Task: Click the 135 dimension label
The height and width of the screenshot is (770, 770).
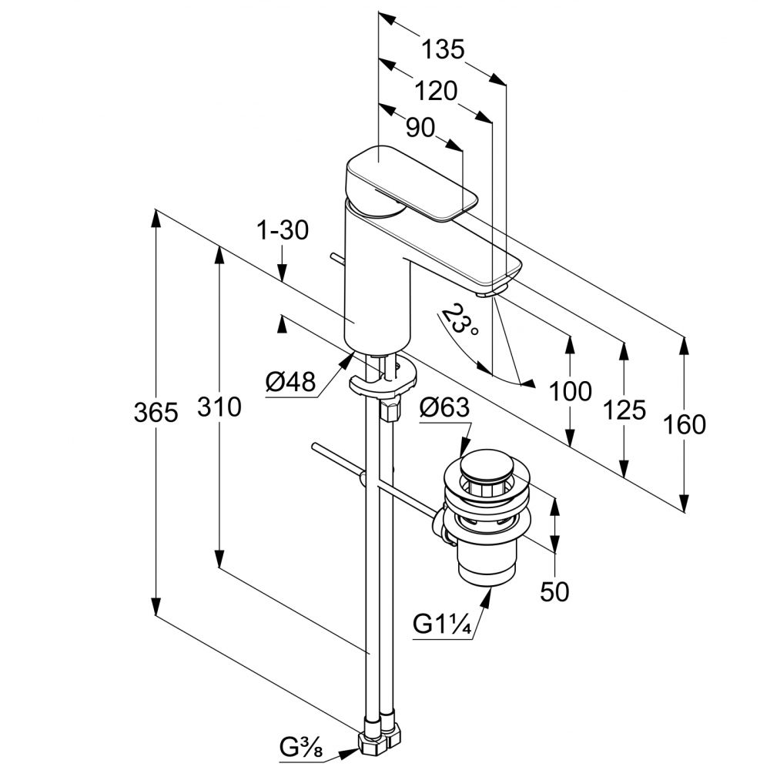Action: coord(443,50)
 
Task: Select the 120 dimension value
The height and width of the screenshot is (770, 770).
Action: coord(436,91)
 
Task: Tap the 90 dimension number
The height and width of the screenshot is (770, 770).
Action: coord(420,127)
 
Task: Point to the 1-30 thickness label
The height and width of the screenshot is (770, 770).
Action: coord(283,229)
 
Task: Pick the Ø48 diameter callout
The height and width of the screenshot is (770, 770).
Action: coord(291,383)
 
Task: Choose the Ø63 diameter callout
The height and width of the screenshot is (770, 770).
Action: coord(444,409)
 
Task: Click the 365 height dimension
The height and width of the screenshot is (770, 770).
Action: coord(156,413)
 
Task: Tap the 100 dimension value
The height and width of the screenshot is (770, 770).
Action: coord(571,391)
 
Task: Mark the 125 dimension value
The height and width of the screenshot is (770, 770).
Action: coord(624,409)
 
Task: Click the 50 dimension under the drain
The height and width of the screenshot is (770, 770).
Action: coord(554,591)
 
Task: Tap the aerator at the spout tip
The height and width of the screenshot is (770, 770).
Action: coord(489,291)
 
